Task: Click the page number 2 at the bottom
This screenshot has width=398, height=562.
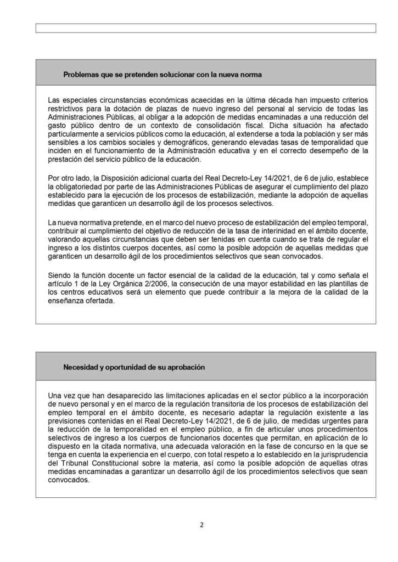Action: pyautogui.click(x=201, y=525)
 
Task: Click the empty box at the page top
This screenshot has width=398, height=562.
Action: pyautogui.click(x=206, y=28)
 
